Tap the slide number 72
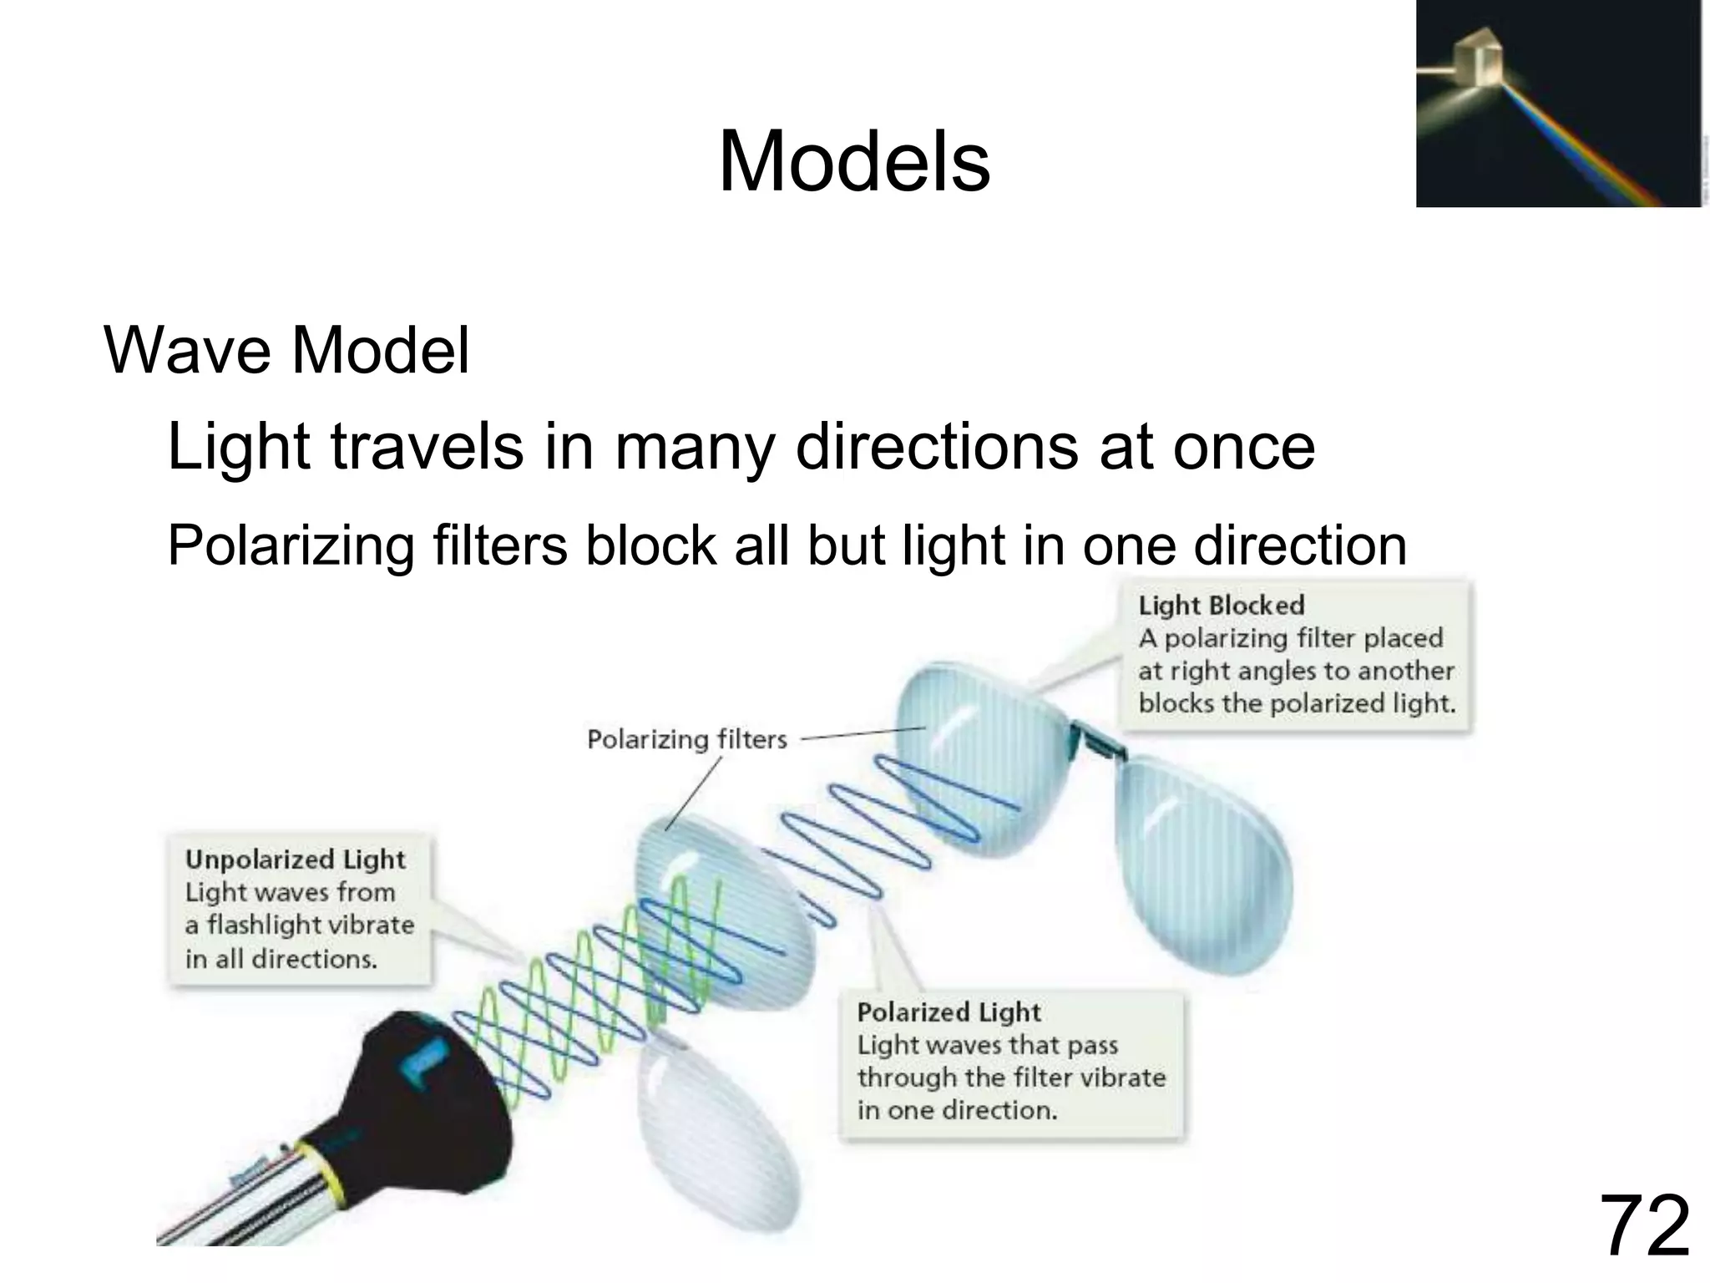pyautogui.click(x=1644, y=1226)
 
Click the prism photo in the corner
pyautogui.click(x=1558, y=104)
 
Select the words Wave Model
pyautogui.click(x=286, y=350)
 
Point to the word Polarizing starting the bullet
pyautogui.click(x=291, y=545)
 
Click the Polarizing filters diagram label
pyautogui.click(x=686, y=739)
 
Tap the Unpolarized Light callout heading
pyautogui.click(x=295, y=860)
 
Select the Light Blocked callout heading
pyautogui.click(x=1221, y=606)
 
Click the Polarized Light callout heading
pyautogui.click(x=949, y=1012)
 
